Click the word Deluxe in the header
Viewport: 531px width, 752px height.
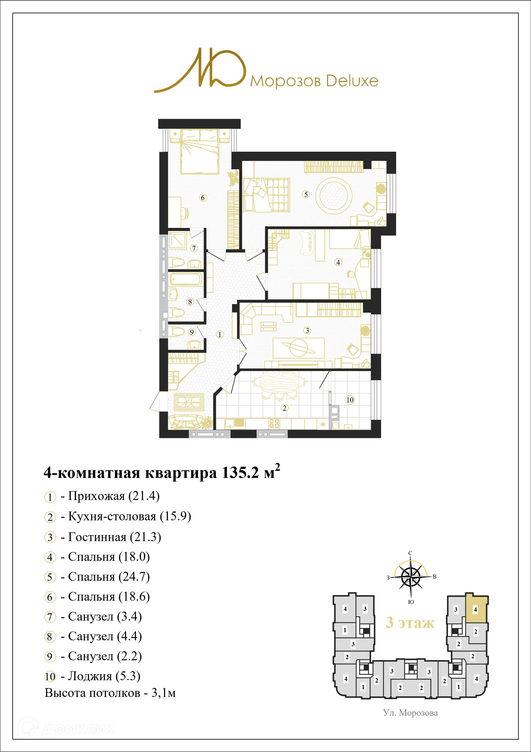click(x=352, y=81)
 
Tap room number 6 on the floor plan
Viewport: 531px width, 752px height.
click(x=203, y=198)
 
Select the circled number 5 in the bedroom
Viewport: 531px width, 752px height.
click(x=306, y=194)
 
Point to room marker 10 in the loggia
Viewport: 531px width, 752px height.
click(x=350, y=400)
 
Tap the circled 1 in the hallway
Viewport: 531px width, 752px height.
click(x=220, y=334)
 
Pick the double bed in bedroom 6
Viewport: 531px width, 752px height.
click(x=199, y=151)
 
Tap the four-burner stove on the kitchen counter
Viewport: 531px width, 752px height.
click(x=274, y=423)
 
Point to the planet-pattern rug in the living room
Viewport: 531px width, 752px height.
click(x=299, y=348)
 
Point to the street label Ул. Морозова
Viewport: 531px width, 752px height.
click(x=410, y=713)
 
